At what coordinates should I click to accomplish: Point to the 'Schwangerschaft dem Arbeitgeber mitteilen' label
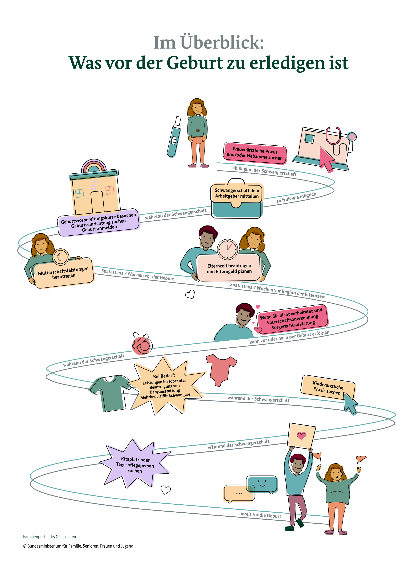[237, 193]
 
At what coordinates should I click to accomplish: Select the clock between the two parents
[227, 249]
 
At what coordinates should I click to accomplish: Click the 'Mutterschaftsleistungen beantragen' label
[64, 273]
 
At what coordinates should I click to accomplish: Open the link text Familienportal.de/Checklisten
[50, 537]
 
